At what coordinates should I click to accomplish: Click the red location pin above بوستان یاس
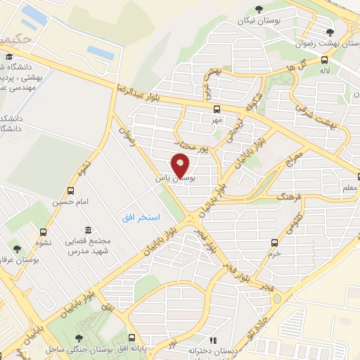click(181, 166)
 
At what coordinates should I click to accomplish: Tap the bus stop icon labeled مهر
click(217, 109)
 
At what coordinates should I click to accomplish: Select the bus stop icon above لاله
click(324, 60)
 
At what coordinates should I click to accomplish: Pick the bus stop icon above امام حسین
click(70, 191)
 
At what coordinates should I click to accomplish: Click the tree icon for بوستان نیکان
click(259, 8)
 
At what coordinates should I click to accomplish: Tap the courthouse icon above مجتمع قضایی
click(87, 231)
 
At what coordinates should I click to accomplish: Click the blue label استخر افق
click(142, 217)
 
